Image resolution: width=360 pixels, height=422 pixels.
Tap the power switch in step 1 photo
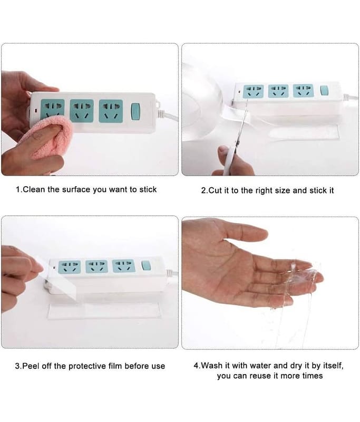pyautogui.click(x=135, y=111)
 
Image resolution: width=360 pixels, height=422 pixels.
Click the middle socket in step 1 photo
pyautogui.click(x=82, y=111)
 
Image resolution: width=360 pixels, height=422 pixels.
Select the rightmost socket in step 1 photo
pyautogui.click(x=111, y=111)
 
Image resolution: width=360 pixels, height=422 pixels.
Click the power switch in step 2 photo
pyautogui.click(x=324, y=91)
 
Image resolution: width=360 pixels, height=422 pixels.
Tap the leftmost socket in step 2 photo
pyautogui.click(x=253, y=91)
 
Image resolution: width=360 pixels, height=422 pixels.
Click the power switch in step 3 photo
pyautogui.click(x=145, y=265)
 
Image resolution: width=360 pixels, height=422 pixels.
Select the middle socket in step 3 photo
pyautogui.click(x=96, y=266)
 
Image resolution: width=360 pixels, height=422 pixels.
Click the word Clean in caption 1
pyautogui.click(x=34, y=189)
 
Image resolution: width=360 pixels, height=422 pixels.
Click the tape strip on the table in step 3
pyautogui.click(x=104, y=311)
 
